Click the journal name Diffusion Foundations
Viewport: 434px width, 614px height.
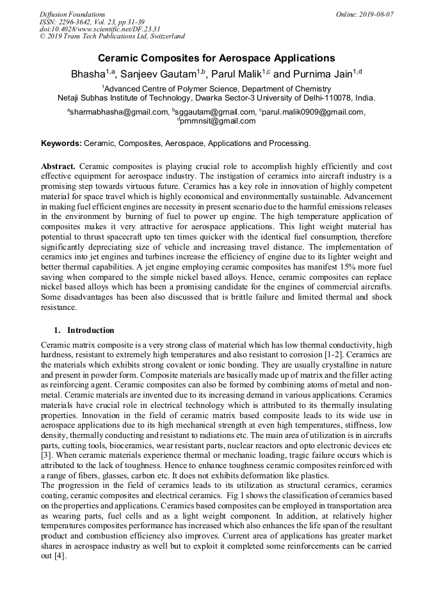pos(72,14)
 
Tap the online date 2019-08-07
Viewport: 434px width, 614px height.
pos(375,14)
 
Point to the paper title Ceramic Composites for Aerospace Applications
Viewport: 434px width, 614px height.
pos(216,58)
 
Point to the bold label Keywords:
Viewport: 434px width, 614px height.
pos(61,143)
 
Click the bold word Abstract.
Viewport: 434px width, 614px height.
pos(59,165)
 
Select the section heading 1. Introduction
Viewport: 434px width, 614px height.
pos(84,330)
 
